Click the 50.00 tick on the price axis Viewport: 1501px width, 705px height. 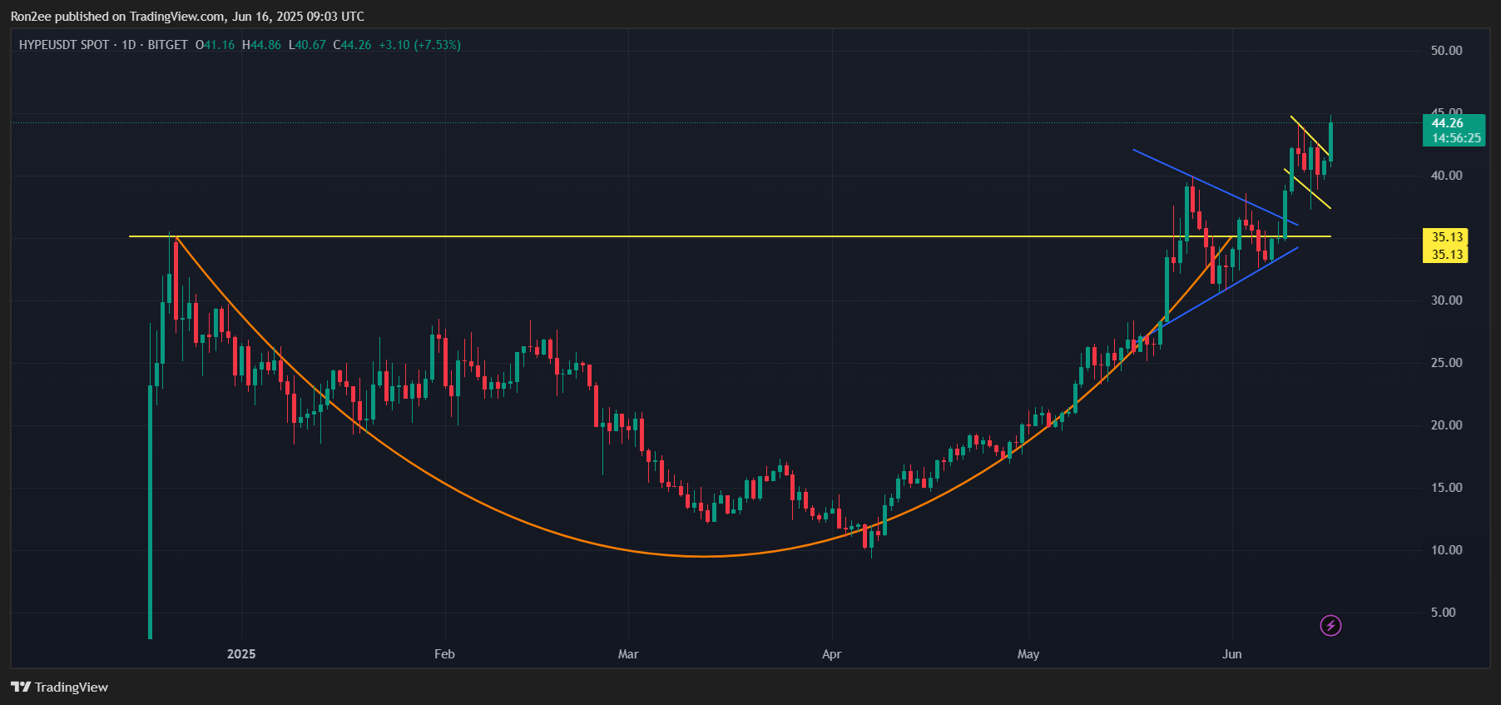point(1446,51)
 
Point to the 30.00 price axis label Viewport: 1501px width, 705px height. point(1446,300)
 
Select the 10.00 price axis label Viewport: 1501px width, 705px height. point(1446,550)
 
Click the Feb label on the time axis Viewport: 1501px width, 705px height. point(444,654)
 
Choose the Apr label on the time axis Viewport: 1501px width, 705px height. point(831,654)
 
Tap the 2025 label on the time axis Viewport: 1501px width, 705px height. point(241,654)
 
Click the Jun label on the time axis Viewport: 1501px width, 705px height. point(1231,654)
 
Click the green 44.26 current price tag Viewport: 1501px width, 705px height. point(1447,123)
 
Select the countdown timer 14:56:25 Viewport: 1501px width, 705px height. point(1456,138)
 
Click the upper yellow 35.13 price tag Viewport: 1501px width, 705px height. point(1447,237)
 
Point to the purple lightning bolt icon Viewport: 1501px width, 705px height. point(1330,625)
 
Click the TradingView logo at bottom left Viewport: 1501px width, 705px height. point(59,687)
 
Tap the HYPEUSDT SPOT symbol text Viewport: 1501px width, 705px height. point(64,45)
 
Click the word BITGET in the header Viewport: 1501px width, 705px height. point(167,45)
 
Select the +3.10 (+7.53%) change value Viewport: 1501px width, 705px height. point(419,45)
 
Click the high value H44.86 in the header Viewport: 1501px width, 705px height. point(261,45)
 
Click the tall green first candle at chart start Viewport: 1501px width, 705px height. point(151,499)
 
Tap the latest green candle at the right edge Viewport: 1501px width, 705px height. point(1330,141)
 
